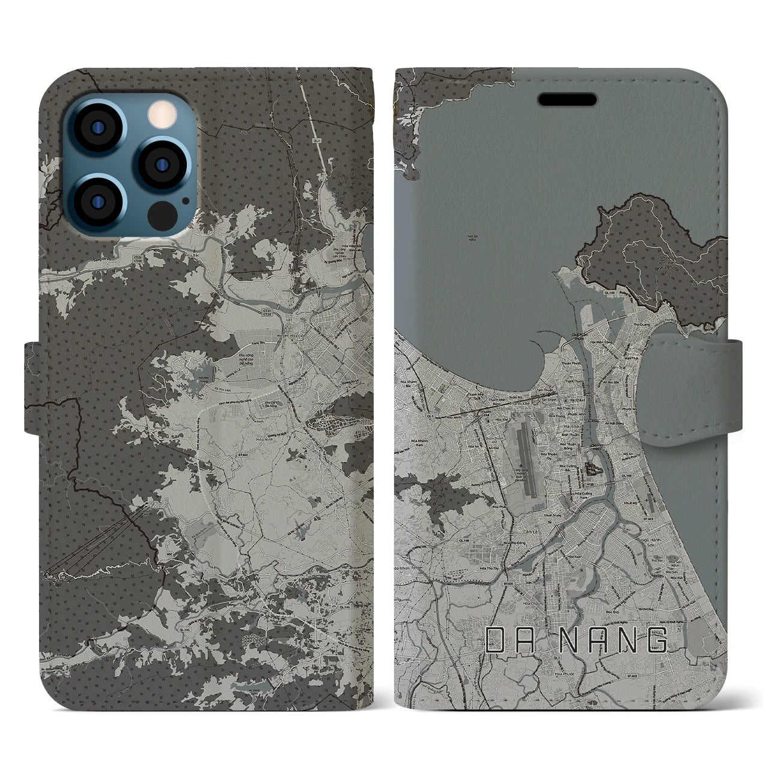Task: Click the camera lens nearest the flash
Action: coord(158,164)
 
